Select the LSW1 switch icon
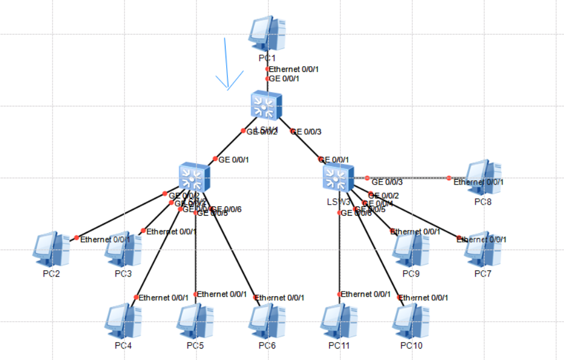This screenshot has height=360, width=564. [x=266, y=106]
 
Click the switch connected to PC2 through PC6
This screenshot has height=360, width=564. [x=195, y=177]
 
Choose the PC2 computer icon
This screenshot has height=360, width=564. [x=52, y=248]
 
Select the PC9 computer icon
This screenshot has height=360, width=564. [x=411, y=248]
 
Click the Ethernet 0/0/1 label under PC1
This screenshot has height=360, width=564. [x=294, y=69]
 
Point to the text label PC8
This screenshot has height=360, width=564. [x=483, y=202]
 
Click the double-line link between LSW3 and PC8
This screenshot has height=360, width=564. [x=407, y=178]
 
